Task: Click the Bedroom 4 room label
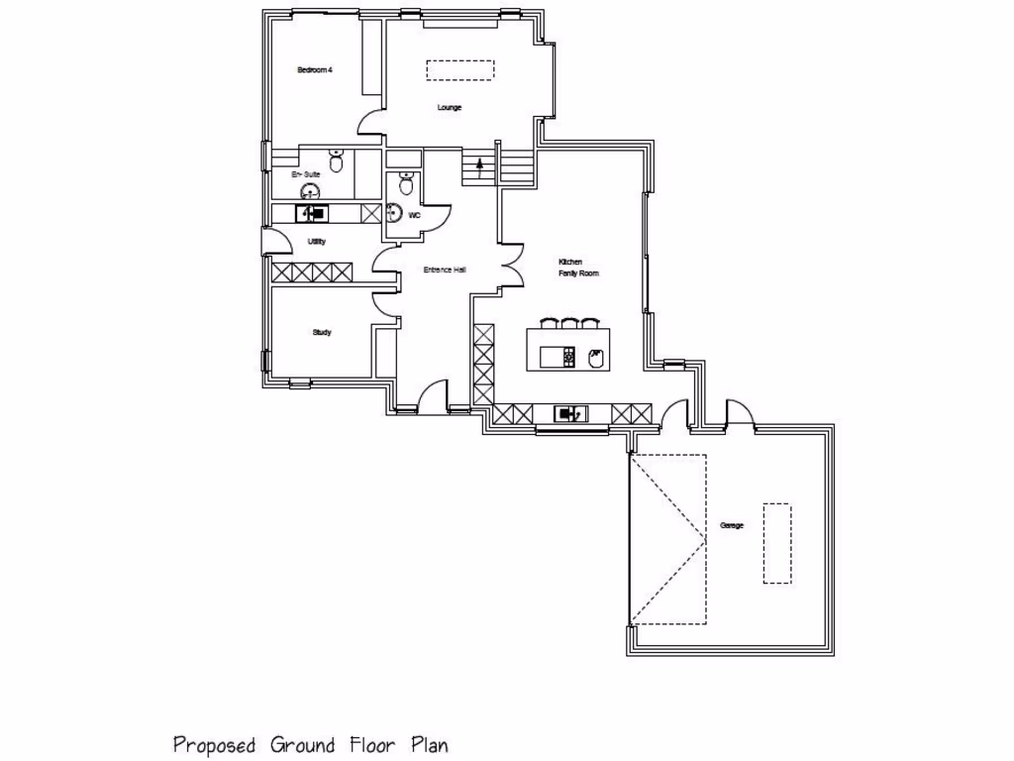[314, 69]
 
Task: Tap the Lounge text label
[450, 107]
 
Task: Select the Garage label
[731, 525]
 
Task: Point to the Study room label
[322, 333]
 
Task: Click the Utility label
[317, 242]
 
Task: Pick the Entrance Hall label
[445, 270]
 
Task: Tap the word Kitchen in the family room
[571, 262]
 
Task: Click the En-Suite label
[305, 174]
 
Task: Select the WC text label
[415, 214]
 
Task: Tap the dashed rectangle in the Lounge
[460, 70]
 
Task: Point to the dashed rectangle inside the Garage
[777, 544]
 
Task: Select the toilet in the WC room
[404, 183]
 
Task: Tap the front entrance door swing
[432, 397]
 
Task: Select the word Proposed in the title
[215, 744]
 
